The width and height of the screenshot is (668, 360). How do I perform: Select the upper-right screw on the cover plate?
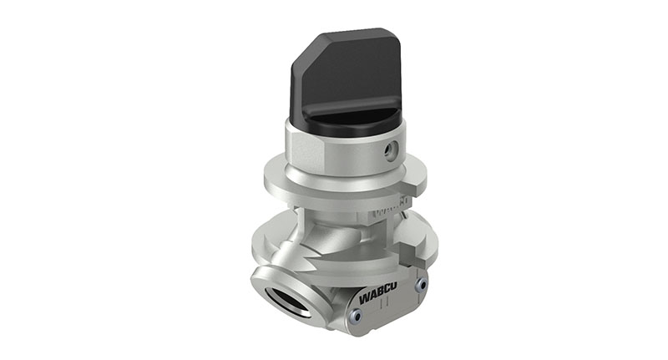tap(421, 284)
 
